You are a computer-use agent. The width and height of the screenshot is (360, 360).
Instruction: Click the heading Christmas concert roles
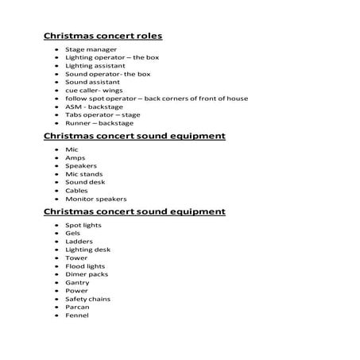[108, 36]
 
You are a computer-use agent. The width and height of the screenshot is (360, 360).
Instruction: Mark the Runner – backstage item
[99, 123]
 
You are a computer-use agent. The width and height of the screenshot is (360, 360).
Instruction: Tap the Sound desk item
[85, 182]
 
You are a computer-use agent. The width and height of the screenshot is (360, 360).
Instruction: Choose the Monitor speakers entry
[96, 199]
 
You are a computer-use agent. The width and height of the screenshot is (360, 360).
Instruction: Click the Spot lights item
[83, 225]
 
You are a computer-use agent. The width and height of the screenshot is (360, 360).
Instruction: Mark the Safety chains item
[89, 299]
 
